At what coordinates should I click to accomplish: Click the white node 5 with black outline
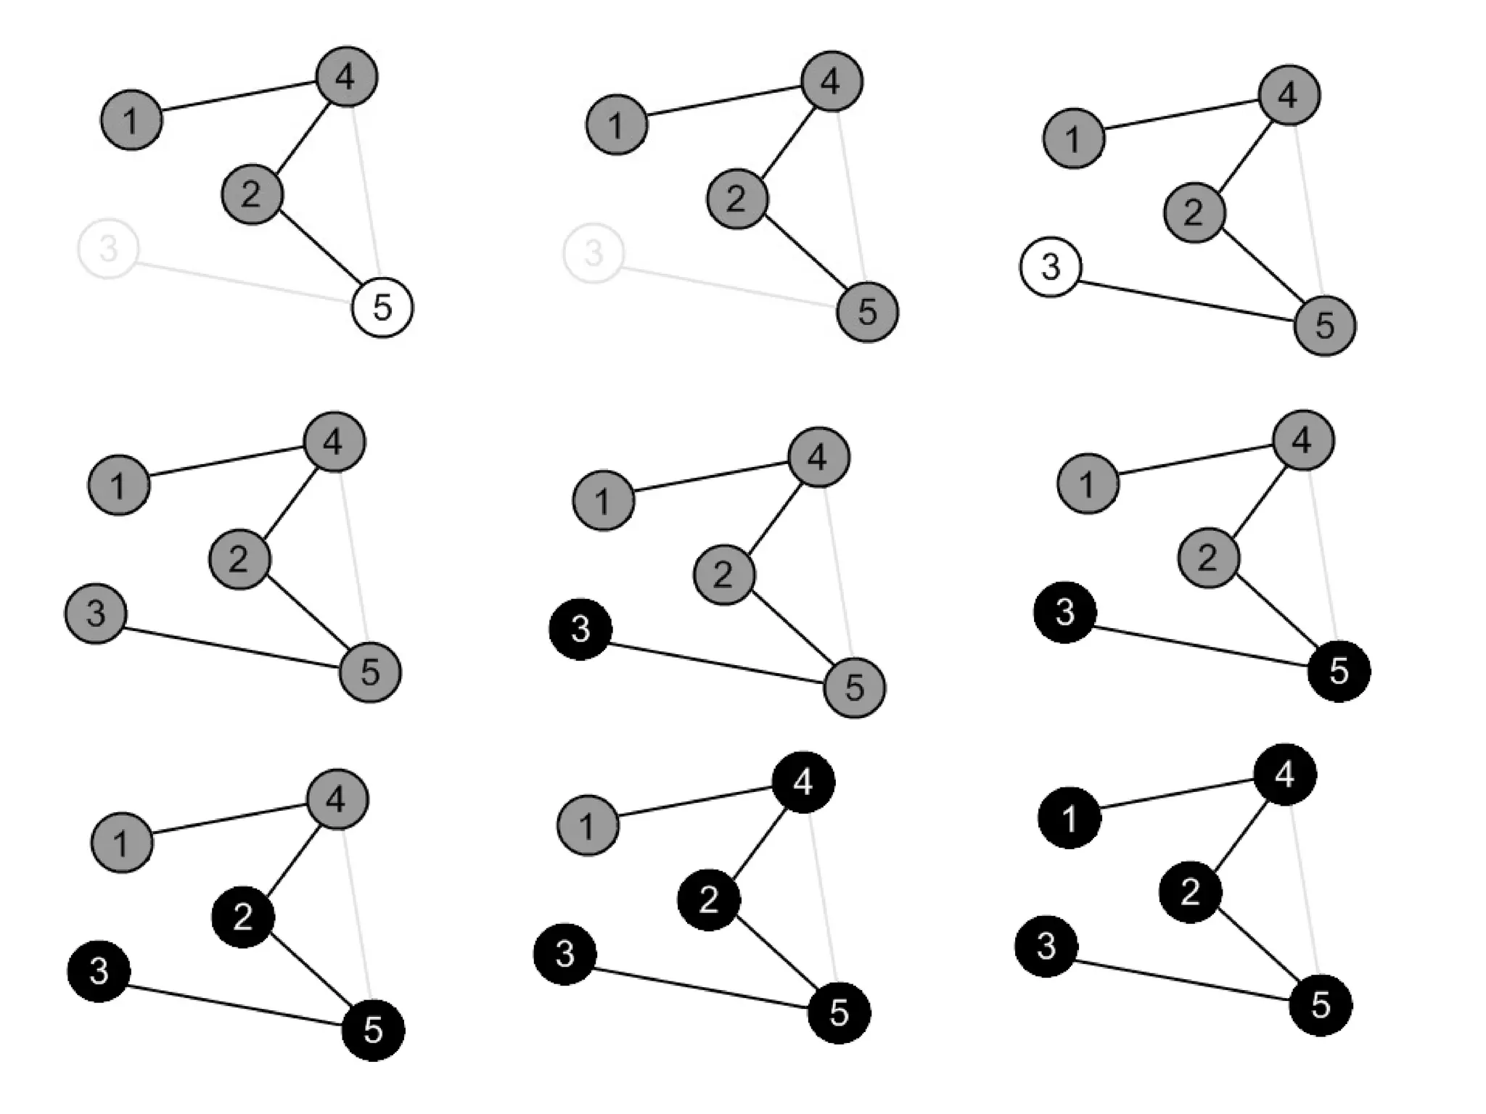tap(382, 308)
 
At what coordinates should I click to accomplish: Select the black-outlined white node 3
tap(1050, 266)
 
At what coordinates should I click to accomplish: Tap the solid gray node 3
tap(96, 614)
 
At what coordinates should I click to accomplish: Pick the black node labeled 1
tap(1070, 818)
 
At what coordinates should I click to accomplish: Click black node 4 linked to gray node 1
tap(803, 782)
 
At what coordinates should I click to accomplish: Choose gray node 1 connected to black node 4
tap(588, 825)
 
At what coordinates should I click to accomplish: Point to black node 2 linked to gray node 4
tap(243, 917)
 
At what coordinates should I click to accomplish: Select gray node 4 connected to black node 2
tap(337, 799)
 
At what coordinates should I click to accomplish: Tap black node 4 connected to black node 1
tap(1285, 775)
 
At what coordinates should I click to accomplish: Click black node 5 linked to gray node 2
tap(1339, 671)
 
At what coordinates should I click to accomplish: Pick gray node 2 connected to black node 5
tap(1208, 558)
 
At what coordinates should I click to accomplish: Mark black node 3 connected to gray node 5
tap(580, 629)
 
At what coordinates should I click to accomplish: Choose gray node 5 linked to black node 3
tap(855, 687)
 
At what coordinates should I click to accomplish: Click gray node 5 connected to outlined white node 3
tap(1325, 325)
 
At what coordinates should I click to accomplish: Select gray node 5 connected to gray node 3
tap(370, 672)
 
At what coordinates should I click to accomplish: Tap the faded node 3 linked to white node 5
tap(107, 249)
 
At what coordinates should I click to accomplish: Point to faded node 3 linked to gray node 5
tap(594, 253)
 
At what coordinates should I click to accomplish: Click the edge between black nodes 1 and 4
tap(1177, 796)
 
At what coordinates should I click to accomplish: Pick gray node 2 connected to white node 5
tap(252, 194)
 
